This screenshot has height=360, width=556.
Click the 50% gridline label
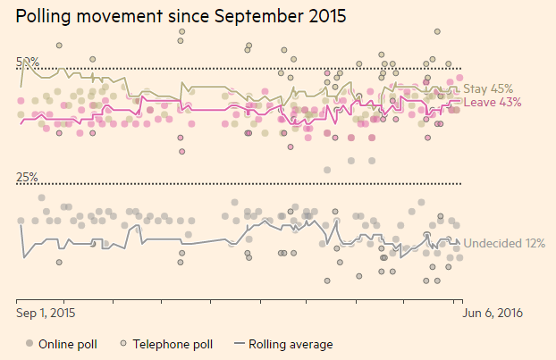pos(27,62)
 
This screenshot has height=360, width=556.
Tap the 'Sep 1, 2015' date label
pos(46,314)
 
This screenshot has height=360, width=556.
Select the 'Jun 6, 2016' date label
pos(491,314)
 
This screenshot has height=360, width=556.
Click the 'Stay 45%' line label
pos(488,88)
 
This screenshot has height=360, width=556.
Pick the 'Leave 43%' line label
pos(493,102)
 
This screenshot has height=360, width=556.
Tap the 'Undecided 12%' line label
pos(504,243)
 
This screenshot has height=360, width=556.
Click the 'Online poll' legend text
pos(68,344)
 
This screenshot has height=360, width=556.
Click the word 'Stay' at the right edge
pos(475,88)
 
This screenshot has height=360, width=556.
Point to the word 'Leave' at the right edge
pos(478,102)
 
